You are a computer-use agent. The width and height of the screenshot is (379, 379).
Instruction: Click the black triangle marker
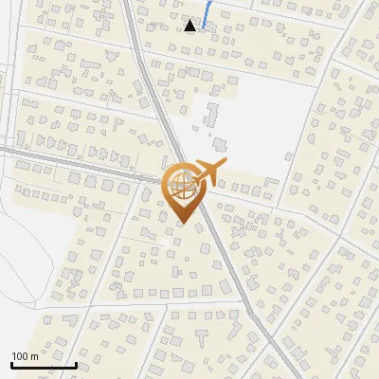point(190,26)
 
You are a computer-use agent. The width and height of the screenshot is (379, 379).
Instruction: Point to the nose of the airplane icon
point(224,168)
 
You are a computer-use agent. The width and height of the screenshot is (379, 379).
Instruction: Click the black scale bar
point(44,364)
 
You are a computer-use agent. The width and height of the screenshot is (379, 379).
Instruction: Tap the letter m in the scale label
point(35,356)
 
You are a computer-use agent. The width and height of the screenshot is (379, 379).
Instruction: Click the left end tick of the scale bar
point(11,363)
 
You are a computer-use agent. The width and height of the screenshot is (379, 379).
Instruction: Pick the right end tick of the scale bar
point(76,363)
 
